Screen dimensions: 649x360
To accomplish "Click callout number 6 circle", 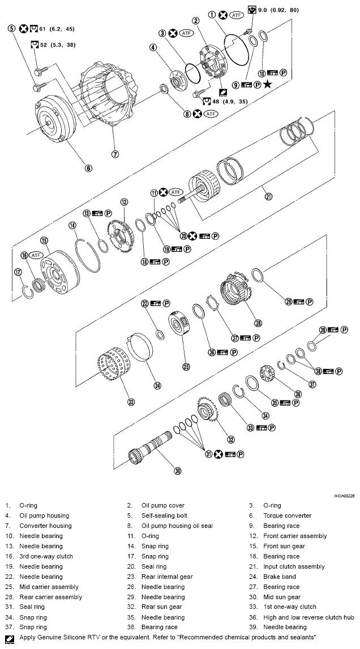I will click(88, 167).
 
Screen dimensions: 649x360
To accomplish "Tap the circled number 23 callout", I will click(131, 402).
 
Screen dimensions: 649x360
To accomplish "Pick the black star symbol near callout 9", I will click(267, 84).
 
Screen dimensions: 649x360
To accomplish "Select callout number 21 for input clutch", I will click(268, 196).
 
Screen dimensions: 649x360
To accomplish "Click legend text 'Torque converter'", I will click(287, 515).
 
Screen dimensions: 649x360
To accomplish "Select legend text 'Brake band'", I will click(280, 577).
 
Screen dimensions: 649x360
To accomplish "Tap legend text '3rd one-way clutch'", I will click(46, 556).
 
